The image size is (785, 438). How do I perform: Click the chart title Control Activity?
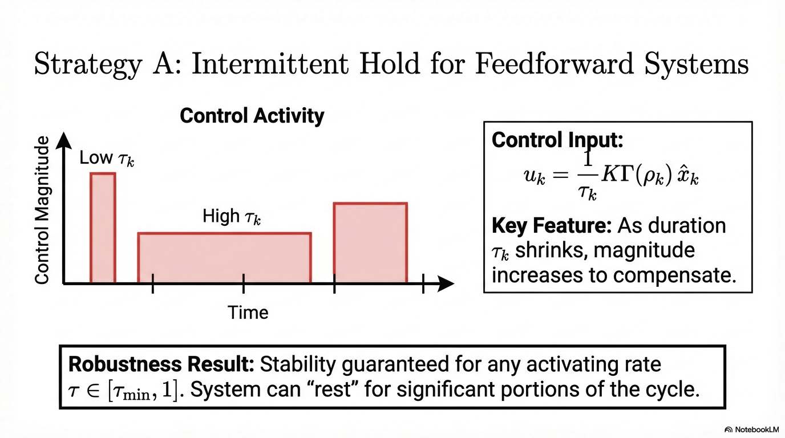pos(252,116)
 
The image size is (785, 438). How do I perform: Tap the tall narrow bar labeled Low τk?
pos(103,228)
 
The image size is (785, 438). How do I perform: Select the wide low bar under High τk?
pos(224,258)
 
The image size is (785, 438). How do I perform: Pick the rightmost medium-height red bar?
pos(370,242)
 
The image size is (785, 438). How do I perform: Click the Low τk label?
pos(107,158)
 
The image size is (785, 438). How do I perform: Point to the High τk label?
pos(232,216)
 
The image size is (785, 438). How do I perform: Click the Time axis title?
pos(248,313)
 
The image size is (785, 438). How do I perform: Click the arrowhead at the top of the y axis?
pos(63,139)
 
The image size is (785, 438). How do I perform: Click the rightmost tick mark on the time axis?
pos(423,283)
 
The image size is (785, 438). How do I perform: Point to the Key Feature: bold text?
pos(551,226)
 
